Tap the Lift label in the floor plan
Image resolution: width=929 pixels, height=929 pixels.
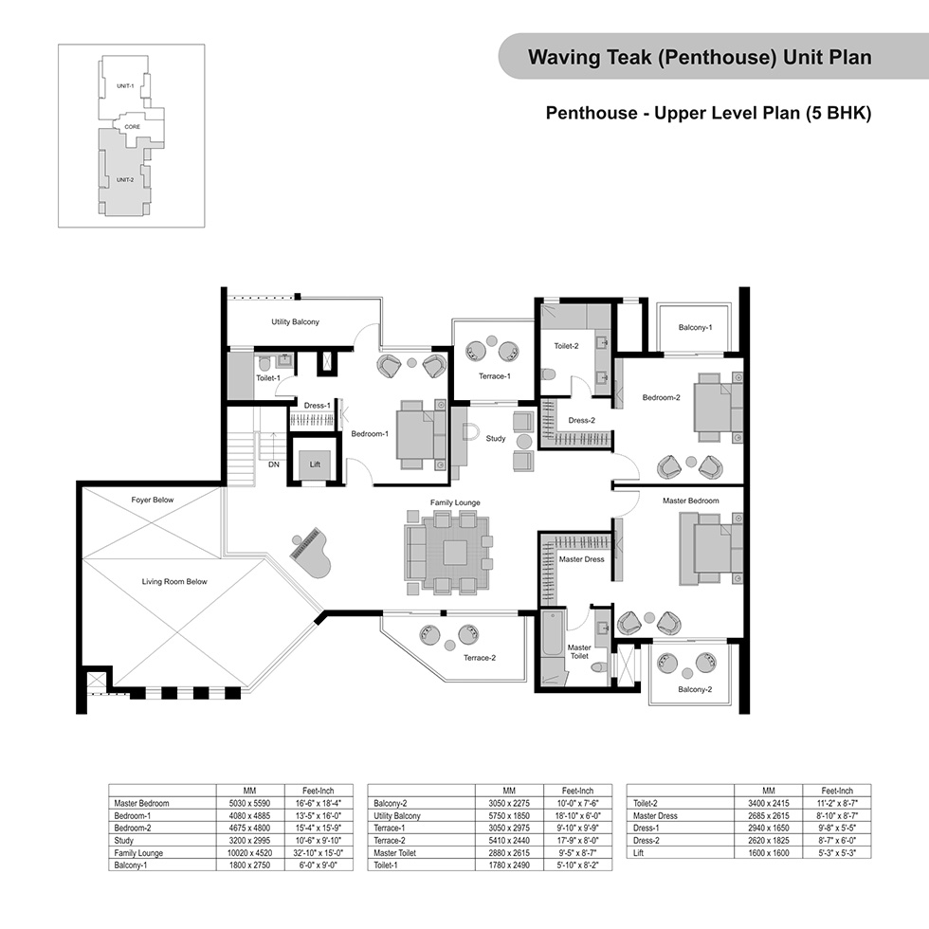click(x=315, y=464)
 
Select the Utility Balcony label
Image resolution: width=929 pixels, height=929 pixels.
click(x=295, y=321)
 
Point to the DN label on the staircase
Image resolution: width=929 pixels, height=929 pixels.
click(x=274, y=464)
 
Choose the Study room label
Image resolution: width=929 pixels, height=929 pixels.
click(x=495, y=438)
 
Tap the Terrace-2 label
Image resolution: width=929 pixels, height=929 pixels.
click(x=480, y=658)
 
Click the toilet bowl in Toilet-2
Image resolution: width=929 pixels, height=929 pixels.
click(x=548, y=374)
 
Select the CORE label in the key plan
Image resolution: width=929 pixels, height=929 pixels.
click(x=132, y=127)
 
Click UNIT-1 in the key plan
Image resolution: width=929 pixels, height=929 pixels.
click(x=125, y=86)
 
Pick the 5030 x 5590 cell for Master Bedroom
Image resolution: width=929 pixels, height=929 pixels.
click(x=249, y=804)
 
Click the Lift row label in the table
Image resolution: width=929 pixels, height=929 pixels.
click(x=638, y=853)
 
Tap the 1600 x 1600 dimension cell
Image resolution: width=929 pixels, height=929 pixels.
click(x=769, y=853)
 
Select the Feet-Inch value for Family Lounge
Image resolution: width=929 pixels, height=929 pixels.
click(x=319, y=853)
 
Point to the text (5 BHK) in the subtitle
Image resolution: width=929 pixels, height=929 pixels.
click(x=838, y=113)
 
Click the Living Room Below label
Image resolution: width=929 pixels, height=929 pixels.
click(x=174, y=581)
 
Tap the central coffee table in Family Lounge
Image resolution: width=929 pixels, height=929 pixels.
click(x=454, y=552)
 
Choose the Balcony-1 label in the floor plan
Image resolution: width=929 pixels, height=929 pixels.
click(x=695, y=327)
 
